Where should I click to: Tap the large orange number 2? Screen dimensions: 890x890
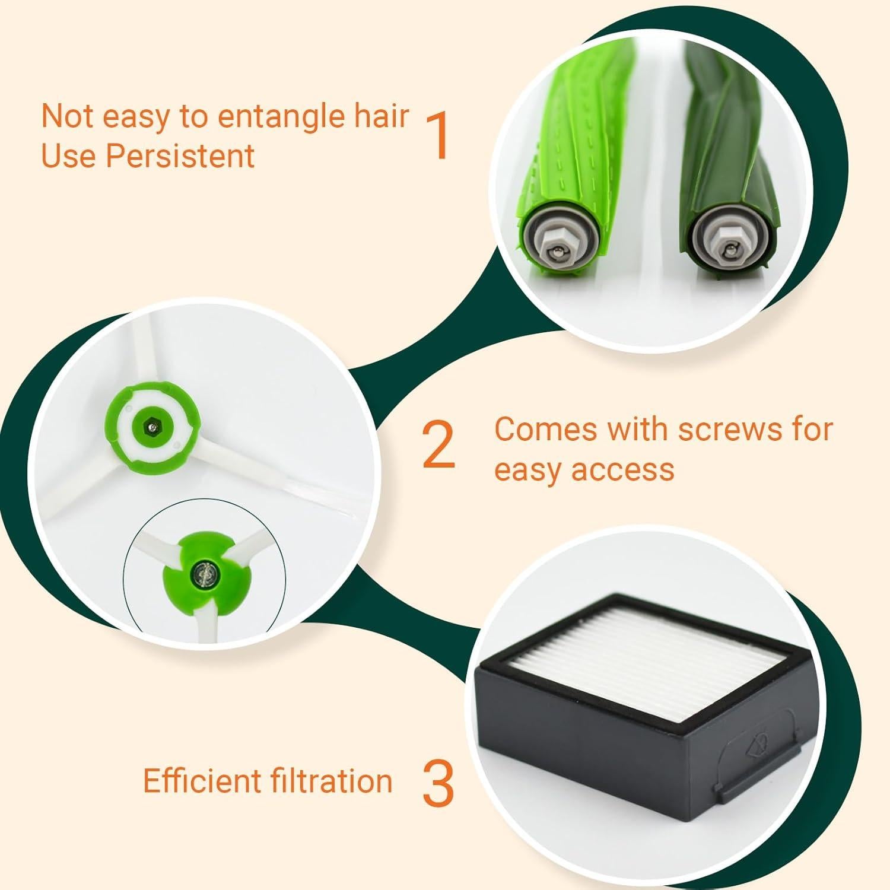[438, 446]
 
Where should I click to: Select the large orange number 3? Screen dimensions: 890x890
[438, 783]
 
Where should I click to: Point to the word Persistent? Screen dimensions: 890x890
[180, 156]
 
